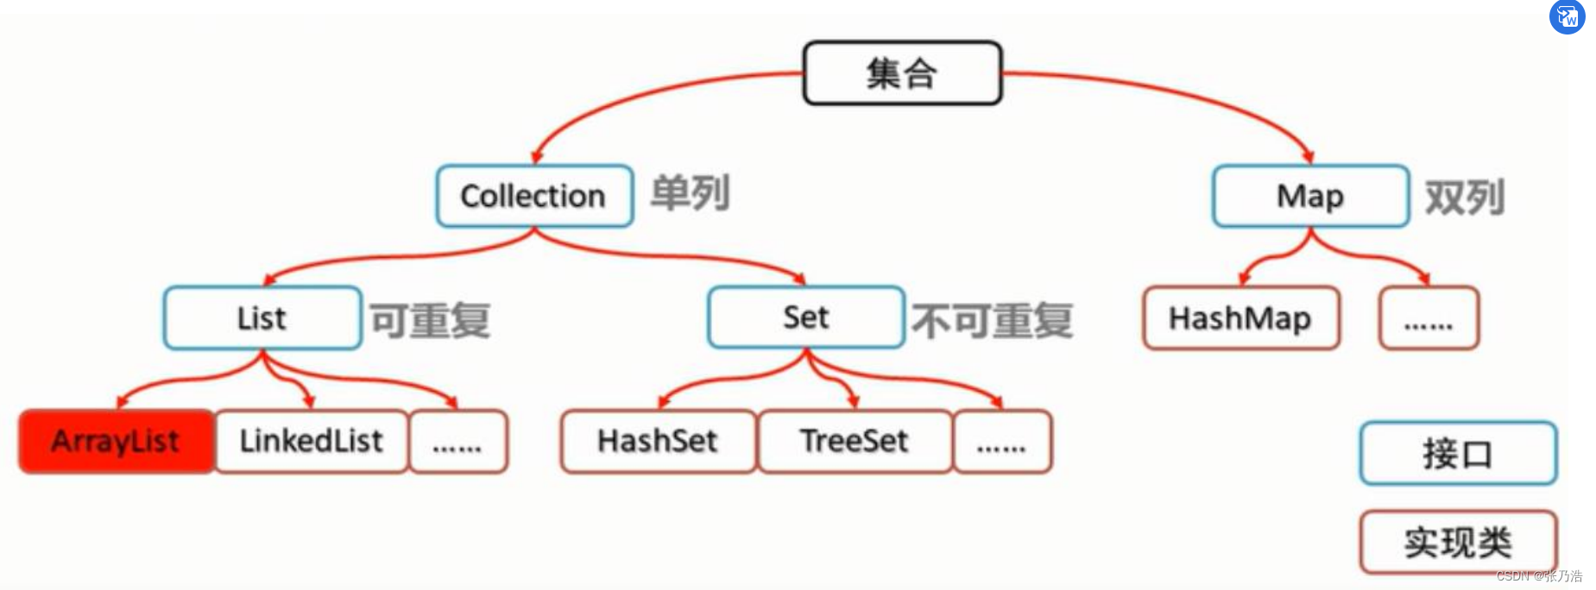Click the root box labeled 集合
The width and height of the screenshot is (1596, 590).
click(902, 73)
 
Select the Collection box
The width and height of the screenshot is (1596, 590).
click(534, 196)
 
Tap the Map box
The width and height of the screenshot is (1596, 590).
click(1310, 196)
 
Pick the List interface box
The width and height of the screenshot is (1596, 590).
click(262, 317)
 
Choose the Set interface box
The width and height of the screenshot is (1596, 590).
click(805, 317)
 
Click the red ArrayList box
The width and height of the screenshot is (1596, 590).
click(116, 441)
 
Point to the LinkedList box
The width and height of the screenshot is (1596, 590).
click(311, 441)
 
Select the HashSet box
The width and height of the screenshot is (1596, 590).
click(658, 441)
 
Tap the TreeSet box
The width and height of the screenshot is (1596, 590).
click(855, 441)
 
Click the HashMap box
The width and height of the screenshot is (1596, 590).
click(1240, 318)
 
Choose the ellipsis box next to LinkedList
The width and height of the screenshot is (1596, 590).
click(457, 442)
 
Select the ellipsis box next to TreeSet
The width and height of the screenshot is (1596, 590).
click(1002, 442)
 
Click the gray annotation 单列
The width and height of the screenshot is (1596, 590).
click(691, 192)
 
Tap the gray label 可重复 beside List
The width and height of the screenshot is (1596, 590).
click(431, 320)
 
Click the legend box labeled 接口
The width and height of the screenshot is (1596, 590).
click(1458, 454)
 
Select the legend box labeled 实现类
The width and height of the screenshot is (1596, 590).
click(1458, 542)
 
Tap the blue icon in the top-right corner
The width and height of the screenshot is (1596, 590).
click(1567, 16)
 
